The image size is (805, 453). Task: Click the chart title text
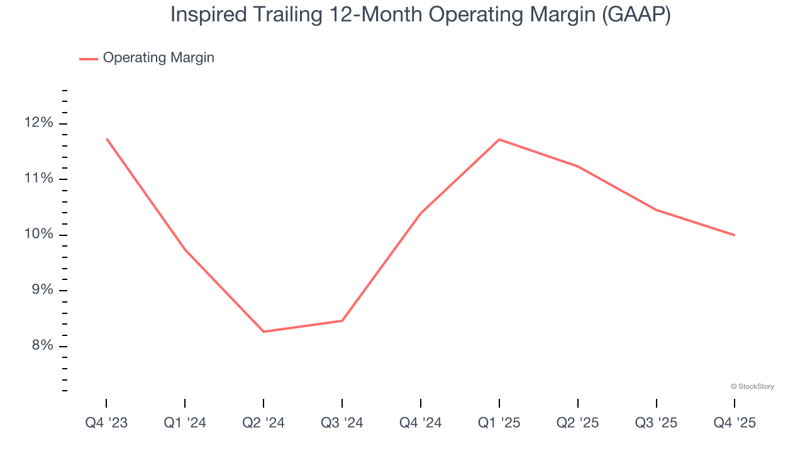tap(420, 15)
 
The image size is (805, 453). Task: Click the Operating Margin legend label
tap(158, 58)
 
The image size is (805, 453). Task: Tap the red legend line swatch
tap(88, 59)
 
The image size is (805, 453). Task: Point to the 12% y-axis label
tap(39, 123)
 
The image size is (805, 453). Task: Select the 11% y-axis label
tap(39, 179)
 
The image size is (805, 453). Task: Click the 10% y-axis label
tap(39, 235)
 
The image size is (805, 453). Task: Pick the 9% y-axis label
tap(40, 291)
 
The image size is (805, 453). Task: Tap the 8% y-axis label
tap(40, 346)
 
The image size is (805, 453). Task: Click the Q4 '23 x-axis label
tap(106, 423)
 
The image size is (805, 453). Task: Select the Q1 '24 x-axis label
tap(185, 423)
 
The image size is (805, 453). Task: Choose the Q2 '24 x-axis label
tap(264, 423)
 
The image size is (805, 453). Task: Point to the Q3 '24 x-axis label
tap(342, 423)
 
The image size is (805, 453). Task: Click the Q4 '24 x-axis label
tap(421, 423)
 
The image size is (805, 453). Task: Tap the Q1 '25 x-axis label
tap(499, 423)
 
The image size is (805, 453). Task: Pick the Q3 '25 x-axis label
tap(656, 423)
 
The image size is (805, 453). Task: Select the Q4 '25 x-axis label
tap(735, 423)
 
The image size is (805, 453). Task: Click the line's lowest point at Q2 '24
tap(264, 332)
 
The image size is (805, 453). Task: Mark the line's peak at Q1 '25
tap(499, 139)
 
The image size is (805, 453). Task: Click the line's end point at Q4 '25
tap(735, 235)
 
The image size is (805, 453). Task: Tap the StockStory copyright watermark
tap(752, 386)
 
